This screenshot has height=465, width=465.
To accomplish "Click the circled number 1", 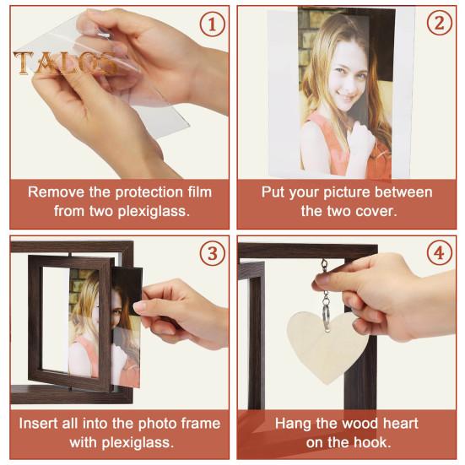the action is point(212,24).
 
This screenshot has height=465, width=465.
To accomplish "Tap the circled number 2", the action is point(440,23).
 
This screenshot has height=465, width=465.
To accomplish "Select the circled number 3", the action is point(212,254).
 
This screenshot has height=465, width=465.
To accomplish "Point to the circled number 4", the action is point(440,253).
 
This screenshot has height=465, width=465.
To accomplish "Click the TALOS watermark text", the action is point(65,62).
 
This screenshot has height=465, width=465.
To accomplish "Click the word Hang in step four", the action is point(293,424).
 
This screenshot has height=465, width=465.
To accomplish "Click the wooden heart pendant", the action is point(328,345).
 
